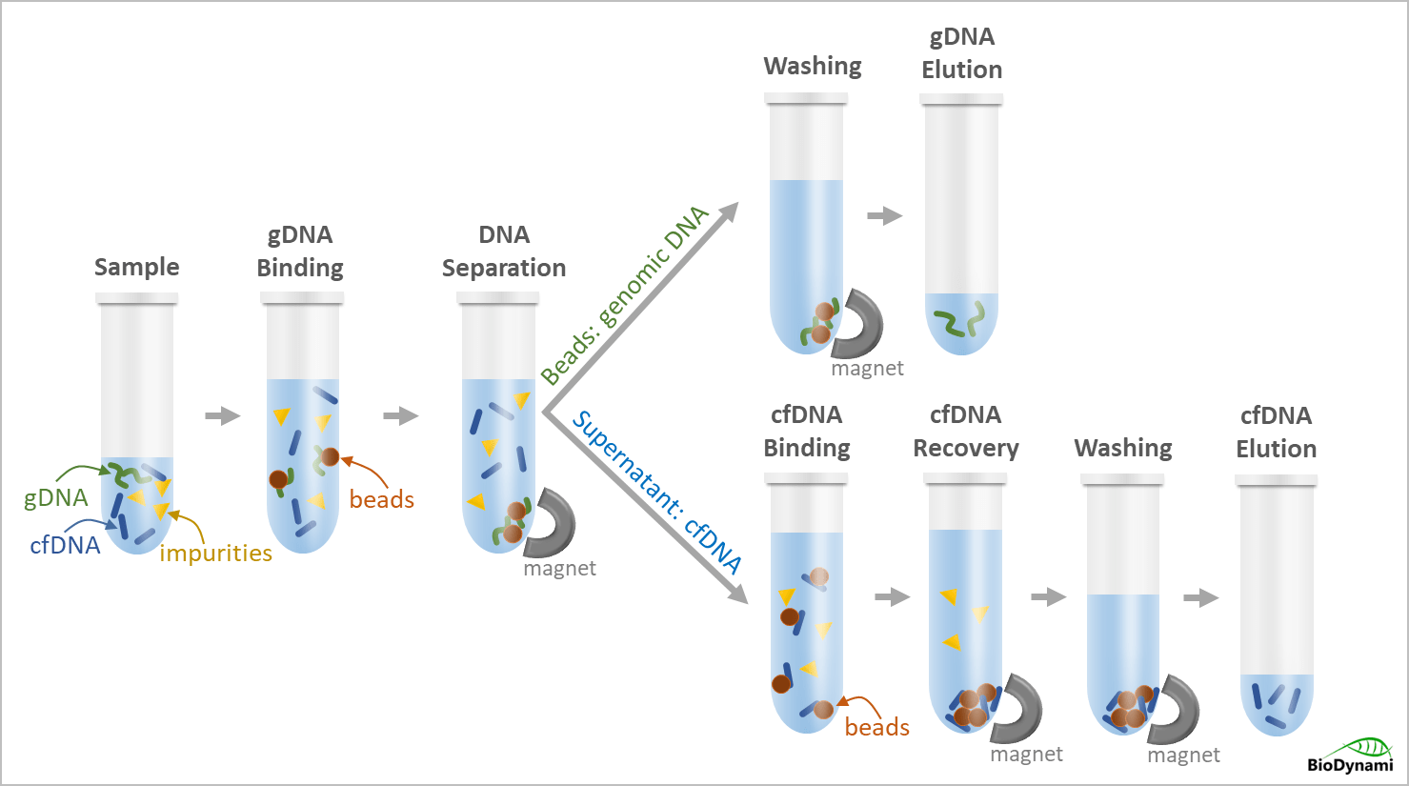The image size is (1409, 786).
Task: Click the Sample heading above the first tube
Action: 136,267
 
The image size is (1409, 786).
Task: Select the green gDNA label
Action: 56,497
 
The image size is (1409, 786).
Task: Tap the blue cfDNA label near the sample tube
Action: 65,545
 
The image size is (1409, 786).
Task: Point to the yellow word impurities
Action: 215,553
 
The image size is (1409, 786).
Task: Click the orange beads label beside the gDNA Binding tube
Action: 381,499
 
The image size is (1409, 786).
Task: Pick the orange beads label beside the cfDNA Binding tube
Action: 876,727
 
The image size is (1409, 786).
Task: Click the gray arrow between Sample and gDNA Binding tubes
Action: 223,415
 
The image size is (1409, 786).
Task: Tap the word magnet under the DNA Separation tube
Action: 559,569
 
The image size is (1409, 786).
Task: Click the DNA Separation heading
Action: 504,252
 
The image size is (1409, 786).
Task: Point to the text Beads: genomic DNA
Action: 625,294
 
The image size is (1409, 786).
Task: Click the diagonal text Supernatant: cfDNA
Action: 656,492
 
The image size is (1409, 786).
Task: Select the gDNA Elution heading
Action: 962,53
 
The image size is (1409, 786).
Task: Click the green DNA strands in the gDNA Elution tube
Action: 960,323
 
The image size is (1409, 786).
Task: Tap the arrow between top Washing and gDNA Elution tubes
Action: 884,216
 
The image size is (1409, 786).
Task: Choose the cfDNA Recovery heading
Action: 966,432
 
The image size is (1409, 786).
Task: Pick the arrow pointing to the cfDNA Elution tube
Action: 1201,597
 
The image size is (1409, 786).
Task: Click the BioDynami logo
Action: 1352,755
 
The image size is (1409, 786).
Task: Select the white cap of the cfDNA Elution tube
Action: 1276,480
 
